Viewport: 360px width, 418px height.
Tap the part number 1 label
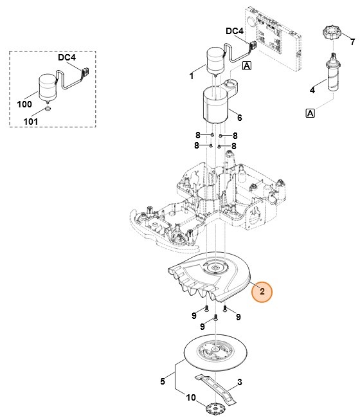[192, 76]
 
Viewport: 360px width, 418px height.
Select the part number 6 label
[239, 118]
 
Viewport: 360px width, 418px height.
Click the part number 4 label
[312, 90]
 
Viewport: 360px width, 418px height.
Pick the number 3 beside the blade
[239, 383]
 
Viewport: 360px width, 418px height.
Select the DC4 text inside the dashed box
[67, 57]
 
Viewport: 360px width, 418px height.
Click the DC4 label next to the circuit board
[235, 31]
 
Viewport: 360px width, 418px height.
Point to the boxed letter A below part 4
[310, 113]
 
